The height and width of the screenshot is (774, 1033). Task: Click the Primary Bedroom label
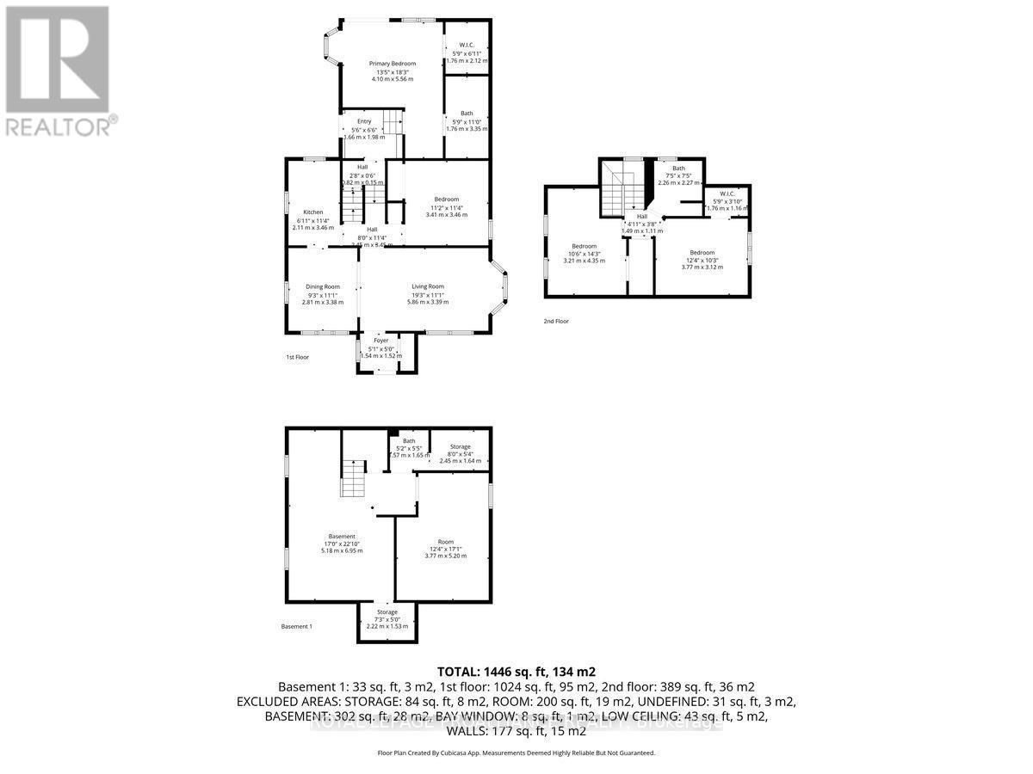click(x=393, y=64)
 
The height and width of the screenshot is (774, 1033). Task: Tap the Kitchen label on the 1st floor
click(x=312, y=212)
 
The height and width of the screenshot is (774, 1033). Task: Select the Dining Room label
click(x=323, y=286)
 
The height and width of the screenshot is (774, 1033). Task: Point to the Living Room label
click(x=428, y=286)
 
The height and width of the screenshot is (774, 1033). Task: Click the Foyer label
click(x=380, y=341)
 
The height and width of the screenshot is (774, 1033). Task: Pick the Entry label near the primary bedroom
click(x=363, y=121)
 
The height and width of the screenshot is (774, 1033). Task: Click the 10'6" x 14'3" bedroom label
click(x=585, y=247)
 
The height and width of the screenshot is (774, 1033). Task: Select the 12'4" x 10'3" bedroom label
click(x=702, y=253)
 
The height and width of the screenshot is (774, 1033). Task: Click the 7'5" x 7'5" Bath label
click(x=679, y=169)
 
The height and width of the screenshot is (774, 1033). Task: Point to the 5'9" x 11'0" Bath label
click(x=467, y=114)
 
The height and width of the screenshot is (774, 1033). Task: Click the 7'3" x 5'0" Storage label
click(x=387, y=612)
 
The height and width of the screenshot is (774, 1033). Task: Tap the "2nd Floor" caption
click(x=556, y=322)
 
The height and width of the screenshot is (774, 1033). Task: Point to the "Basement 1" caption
click(x=296, y=627)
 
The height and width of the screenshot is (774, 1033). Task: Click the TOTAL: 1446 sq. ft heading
click(x=516, y=672)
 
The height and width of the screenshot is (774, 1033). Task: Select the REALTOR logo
click(x=59, y=70)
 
